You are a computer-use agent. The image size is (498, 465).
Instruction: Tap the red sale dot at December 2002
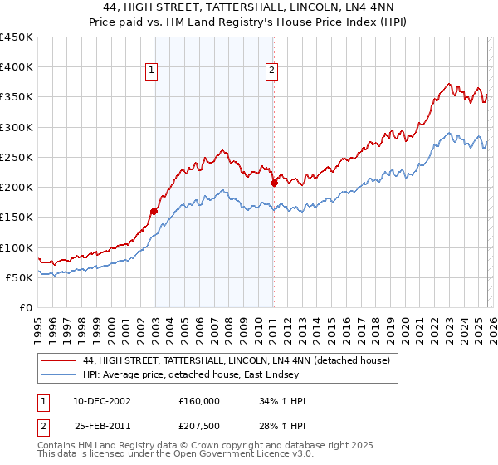click(x=154, y=212)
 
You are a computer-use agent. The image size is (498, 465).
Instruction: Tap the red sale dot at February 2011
click(x=274, y=183)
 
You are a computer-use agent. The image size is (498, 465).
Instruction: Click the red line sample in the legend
click(x=59, y=360)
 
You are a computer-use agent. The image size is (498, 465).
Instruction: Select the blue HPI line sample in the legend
click(x=59, y=374)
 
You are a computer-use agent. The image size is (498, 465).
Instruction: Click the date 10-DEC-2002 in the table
click(x=101, y=400)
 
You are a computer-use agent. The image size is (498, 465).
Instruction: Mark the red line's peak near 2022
click(x=448, y=84)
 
